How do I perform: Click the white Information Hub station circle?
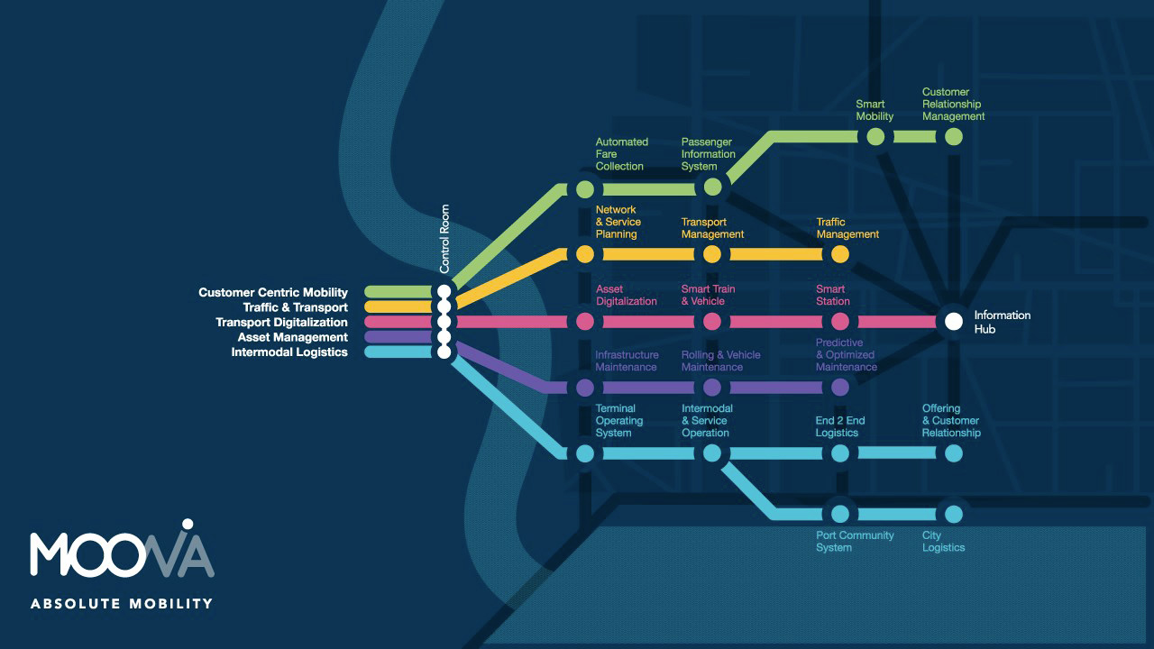coord(954,321)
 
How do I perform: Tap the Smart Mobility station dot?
coord(875,137)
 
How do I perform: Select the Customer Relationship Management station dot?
coord(954,137)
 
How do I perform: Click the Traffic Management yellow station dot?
coord(840,254)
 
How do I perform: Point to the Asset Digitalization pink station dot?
coord(585,321)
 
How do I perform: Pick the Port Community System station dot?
coord(840,514)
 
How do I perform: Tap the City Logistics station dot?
coord(954,514)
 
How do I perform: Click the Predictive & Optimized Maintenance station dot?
coord(840,388)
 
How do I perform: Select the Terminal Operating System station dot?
coord(585,453)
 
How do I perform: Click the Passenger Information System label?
coord(708,154)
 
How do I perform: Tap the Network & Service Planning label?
coord(618,222)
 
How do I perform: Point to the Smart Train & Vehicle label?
coord(708,295)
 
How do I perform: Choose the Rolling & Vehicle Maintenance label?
coord(720,361)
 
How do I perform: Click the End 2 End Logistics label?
coord(839,426)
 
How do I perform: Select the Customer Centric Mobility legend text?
coord(273,292)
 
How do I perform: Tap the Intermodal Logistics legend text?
coord(289,352)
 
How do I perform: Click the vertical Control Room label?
coord(444,239)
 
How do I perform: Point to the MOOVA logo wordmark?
coord(122,552)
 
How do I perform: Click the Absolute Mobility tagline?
coord(122,603)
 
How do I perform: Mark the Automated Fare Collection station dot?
coord(585,189)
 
